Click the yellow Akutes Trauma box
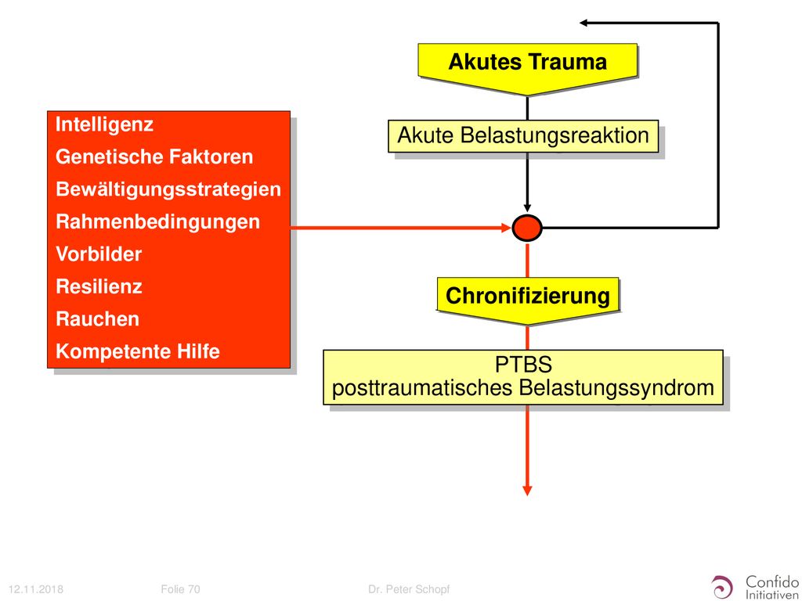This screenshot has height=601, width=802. pos(527,67)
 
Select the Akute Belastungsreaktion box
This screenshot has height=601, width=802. pos(523,136)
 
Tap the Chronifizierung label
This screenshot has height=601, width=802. pos(528,296)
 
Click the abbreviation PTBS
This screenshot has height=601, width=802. pos(523,365)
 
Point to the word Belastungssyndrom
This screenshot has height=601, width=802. pos(616,387)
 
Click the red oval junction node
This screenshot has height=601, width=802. pos(527,228)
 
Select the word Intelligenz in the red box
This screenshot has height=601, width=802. pos(104,124)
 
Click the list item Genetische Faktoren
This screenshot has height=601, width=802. pos(154,157)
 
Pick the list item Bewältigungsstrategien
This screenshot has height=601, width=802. pos(168,189)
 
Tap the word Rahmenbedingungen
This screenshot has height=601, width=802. pos(157,221)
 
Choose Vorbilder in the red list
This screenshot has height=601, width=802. pos(99,254)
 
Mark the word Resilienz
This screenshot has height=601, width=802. pos(99,286)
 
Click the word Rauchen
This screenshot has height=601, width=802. pos(97,319)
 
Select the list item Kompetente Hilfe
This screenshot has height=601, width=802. pos(138,351)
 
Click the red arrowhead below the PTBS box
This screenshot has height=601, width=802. pos(527,491)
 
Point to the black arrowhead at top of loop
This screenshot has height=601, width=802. pos(584,23)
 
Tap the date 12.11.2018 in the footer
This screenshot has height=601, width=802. pos(36,589)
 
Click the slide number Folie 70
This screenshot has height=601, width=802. pos(180,589)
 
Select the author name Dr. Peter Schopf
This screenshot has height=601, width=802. pos(409,589)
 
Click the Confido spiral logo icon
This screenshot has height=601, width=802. pos(722,586)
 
